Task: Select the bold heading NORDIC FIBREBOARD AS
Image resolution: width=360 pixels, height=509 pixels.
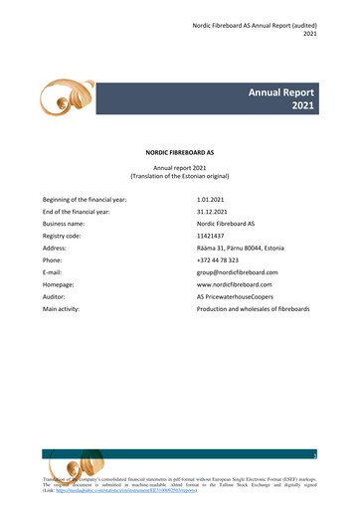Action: (x=180, y=154)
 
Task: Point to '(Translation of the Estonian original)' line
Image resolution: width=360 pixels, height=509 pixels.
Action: (x=180, y=176)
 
